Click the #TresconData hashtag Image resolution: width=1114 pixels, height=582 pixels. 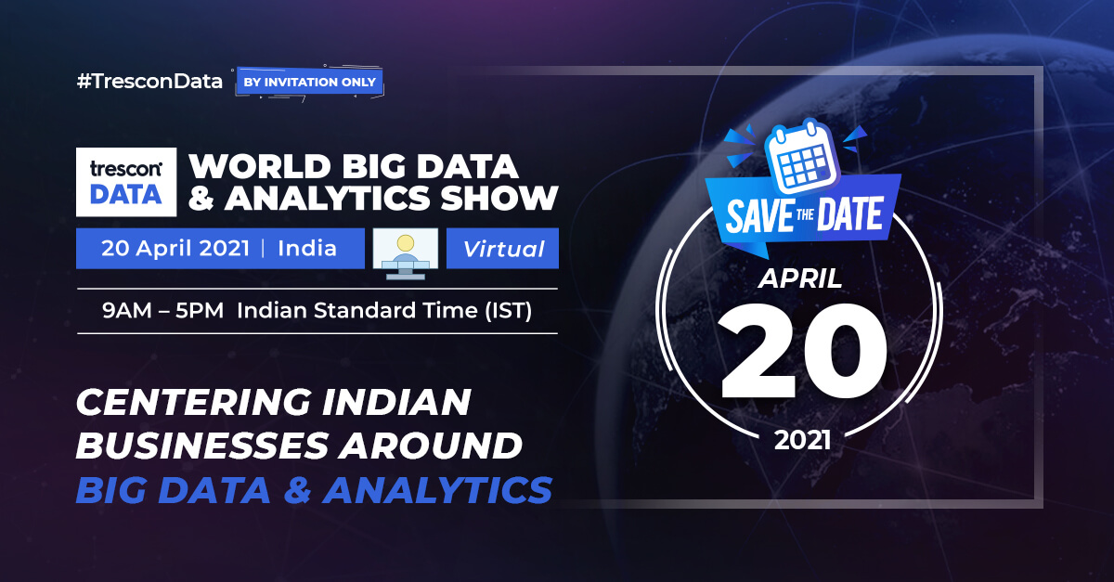pyautogui.click(x=149, y=82)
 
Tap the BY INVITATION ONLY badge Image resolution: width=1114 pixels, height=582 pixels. pyautogui.click(x=309, y=82)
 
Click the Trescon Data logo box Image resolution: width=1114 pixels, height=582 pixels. pyautogui.click(x=126, y=182)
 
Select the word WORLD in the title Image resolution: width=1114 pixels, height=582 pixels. pyautogui.click(x=260, y=166)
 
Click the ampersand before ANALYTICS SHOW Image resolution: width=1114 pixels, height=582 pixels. pyautogui.click(x=201, y=198)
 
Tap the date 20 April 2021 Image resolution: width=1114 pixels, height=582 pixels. pyautogui.click(x=175, y=248)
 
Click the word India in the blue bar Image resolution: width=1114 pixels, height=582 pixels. pyautogui.click(x=307, y=248)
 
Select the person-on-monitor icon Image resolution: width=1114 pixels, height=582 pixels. pyautogui.click(x=406, y=253)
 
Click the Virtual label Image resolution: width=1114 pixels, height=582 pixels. pyautogui.click(x=503, y=249)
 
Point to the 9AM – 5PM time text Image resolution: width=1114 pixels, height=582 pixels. pyautogui.click(x=162, y=310)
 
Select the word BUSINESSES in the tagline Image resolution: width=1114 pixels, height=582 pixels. pyautogui.click(x=201, y=446)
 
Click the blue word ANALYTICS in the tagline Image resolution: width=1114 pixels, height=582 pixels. pyautogui.click(x=437, y=489)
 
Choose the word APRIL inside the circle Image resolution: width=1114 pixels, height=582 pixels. pyautogui.click(x=799, y=278)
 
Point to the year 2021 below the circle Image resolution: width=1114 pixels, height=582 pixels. pyautogui.click(x=802, y=440)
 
